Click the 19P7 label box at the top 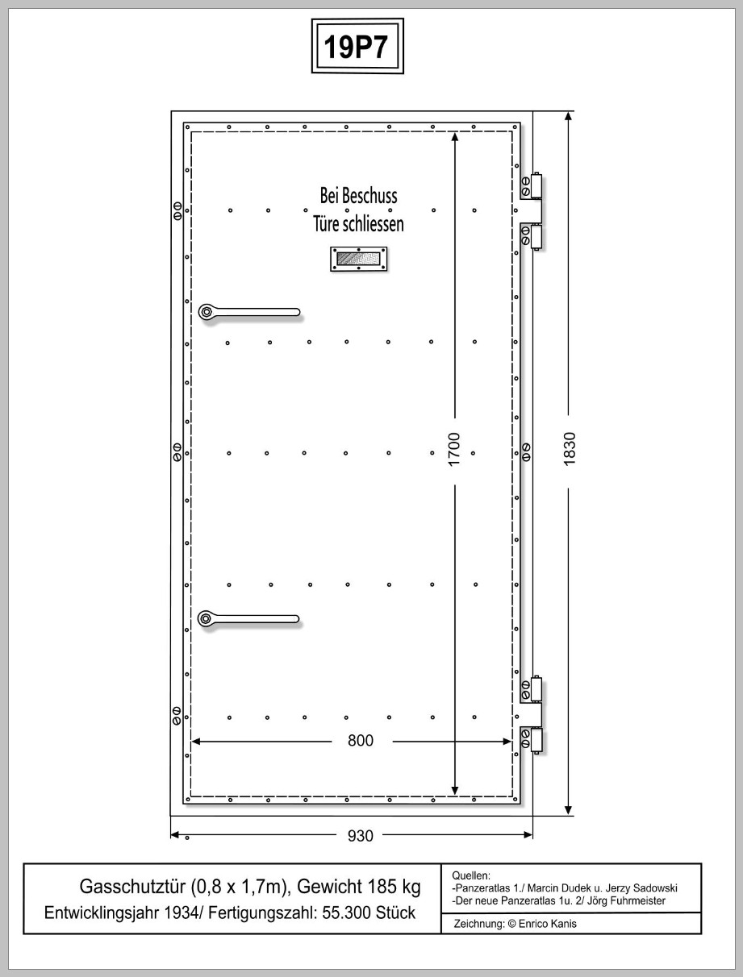(357, 46)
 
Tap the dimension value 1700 (454, 449)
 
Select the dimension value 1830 (570, 449)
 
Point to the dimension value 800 (361, 740)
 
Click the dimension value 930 (361, 836)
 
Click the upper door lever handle (249, 312)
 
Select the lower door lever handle (248, 619)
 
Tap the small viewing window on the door (358, 259)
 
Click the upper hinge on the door (532, 210)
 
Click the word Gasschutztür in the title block (132, 887)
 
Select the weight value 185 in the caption (375, 887)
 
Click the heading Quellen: (471, 875)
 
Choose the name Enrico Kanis (548, 924)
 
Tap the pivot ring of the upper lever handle (206, 312)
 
